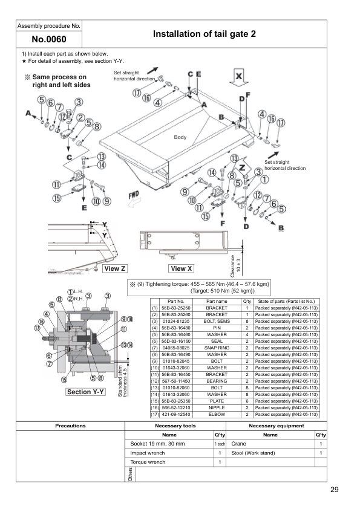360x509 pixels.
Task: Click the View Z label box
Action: pos(114,268)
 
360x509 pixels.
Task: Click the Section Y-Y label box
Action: pos(86,392)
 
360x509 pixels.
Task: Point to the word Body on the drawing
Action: pos(180,137)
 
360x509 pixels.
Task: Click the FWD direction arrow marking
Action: pos(134,197)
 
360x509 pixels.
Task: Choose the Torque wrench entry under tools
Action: pos(148,462)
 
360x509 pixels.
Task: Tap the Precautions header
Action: pos(70,426)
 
